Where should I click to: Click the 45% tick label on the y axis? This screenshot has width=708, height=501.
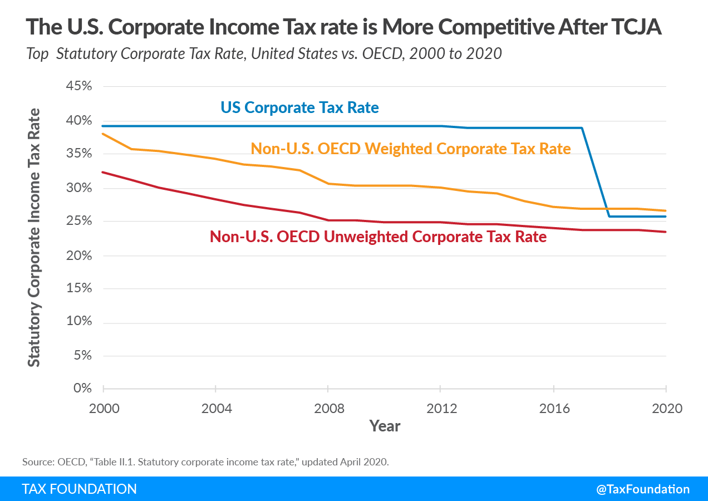(78, 87)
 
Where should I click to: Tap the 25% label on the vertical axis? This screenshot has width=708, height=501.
(78, 221)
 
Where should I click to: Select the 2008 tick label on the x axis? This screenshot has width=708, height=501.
(328, 408)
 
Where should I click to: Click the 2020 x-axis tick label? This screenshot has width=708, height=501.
(666, 408)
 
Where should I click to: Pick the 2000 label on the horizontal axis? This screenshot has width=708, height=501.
(104, 408)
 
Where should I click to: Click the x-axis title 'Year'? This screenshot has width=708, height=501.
(385, 426)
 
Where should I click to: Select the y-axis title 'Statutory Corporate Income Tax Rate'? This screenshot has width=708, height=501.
(35, 237)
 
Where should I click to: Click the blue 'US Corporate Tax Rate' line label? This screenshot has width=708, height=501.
(299, 107)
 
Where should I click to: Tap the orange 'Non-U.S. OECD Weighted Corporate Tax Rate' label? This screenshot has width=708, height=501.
(411, 149)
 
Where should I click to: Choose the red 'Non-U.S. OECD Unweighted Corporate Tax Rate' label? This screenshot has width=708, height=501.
(378, 237)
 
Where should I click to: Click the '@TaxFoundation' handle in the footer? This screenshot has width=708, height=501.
(643, 489)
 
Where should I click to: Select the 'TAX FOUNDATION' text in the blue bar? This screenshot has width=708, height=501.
(79, 489)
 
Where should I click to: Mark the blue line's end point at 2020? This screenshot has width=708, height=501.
(666, 217)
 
